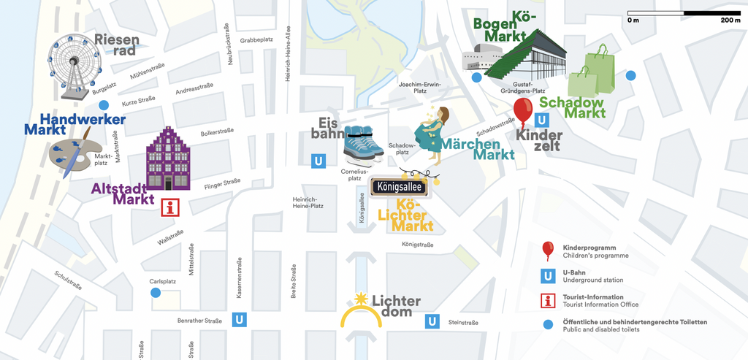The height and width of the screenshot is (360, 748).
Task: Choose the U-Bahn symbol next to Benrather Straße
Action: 239,319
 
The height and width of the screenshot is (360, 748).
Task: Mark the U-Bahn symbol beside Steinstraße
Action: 432,321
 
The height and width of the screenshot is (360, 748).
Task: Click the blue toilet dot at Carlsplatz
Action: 156,293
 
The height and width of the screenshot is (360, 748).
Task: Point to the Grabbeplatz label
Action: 256,40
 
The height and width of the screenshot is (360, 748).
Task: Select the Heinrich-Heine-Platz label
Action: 308,202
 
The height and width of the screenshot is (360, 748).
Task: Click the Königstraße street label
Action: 418,245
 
